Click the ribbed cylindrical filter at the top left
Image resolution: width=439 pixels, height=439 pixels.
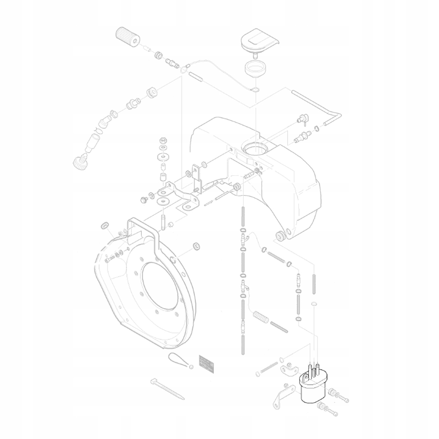pyautogui.click(x=127, y=37)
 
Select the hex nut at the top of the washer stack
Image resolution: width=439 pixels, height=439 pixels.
pyautogui.click(x=163, y=141)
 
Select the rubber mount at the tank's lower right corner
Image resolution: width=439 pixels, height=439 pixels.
pyautogui.click(x=279, y=236)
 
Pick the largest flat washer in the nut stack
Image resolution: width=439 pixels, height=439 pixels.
pyautogui.click(x=163, y=201)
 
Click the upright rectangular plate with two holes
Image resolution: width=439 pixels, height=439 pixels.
pyautogui.click(x=196, y=178)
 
